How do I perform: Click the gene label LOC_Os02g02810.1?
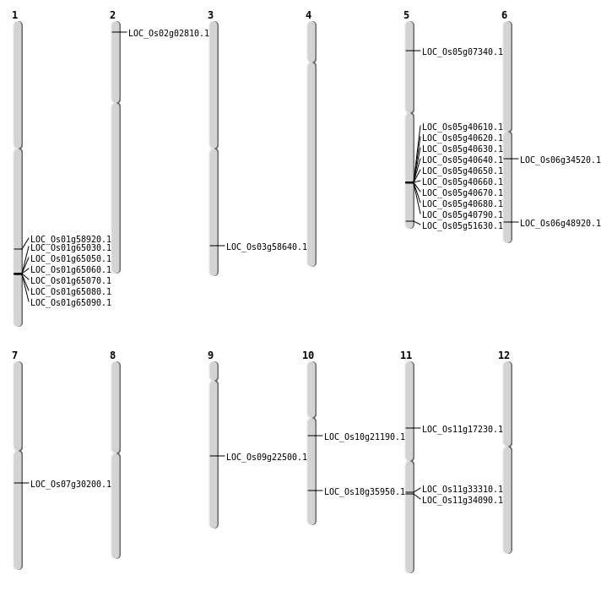click(x=168, y=34)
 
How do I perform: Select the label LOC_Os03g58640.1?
click(x=266, y=247)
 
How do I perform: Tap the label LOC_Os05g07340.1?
click(x=462, y=52)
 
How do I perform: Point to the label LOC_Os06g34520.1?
click(x=560, y=160)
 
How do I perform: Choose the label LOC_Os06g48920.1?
click(x=560, y=224)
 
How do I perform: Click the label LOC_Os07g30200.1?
click(x=70, y=485)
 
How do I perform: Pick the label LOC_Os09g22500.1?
click(x=266, y=458)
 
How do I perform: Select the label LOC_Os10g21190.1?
click(x=364, y=437)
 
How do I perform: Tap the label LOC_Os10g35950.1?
click(x=364, y=492)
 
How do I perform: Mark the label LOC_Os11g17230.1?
click(x=462, y=430)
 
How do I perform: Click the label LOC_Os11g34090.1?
click(x=462, y=501)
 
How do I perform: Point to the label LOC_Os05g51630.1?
click(x=462, y=226)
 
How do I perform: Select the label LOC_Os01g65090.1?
click(x=70, y=303)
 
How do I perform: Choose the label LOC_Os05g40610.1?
click(x=462, y=127)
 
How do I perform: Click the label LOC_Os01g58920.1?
click(x=70, y=240)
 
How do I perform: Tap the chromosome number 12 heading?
click(x=504, y=355)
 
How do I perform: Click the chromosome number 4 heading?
click(x=308, y=15)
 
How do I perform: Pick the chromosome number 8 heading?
click(x=112, y=355)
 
